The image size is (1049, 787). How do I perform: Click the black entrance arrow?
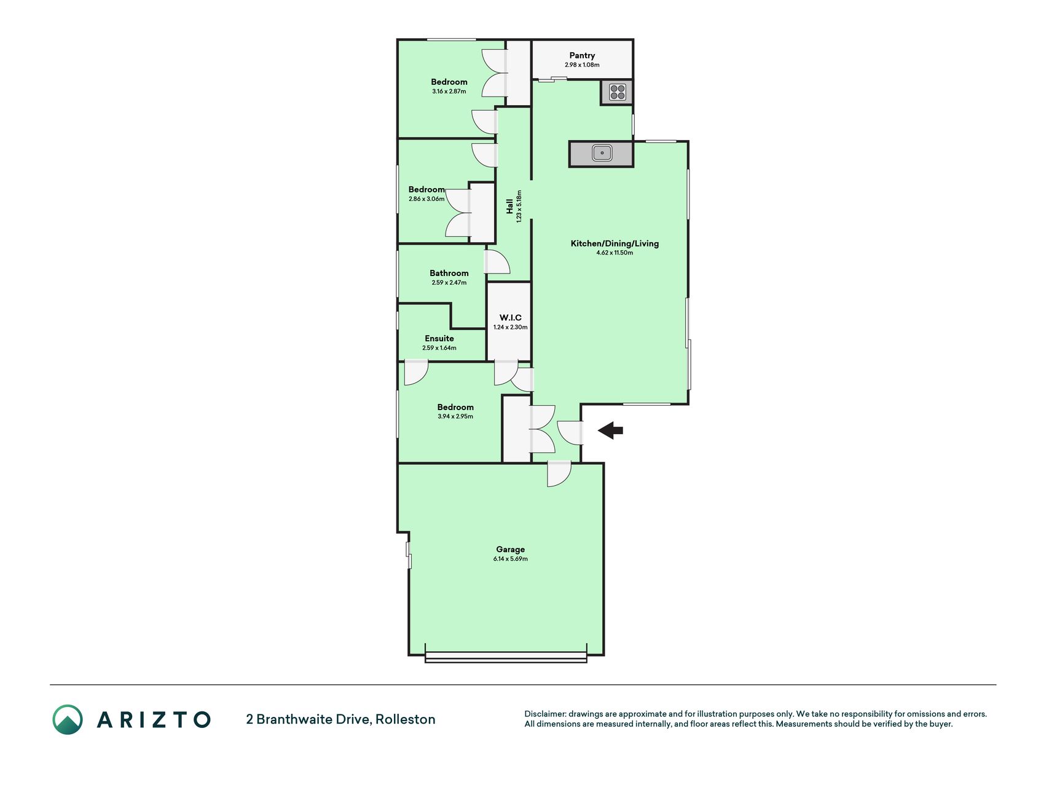tap(610, 430)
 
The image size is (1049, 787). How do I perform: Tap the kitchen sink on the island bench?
tap(602, 152)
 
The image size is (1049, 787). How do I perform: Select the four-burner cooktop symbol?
tap(617, 92)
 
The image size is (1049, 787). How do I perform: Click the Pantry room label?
tap(582, 55)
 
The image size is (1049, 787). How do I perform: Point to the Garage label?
tap(511, 550)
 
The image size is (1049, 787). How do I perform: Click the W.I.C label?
tap(511, 318)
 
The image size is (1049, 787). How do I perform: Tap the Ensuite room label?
tap(439, 339)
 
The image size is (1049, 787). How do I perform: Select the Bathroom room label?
tap(449, 273)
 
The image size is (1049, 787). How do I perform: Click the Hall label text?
tap(509, 206)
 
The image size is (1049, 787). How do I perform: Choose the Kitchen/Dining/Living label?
tap(615, 243)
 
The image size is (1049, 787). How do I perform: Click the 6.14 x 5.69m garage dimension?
tap(511, 559)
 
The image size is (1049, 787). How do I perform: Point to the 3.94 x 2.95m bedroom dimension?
tap(455, 416)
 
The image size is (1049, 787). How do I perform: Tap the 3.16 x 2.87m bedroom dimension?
tap(449, 91)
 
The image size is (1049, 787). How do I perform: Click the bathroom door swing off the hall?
tap(497, 261)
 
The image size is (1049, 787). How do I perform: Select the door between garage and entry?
tap(559, 473)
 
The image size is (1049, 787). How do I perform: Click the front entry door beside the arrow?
tap(570, 433)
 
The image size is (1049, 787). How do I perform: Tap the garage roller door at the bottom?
tap(506, 658)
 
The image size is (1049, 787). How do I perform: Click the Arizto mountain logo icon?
tap(68, 719)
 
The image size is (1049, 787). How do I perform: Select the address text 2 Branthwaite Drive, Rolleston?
tap(340, 719)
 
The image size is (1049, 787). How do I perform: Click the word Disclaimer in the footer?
tap(545, 714)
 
